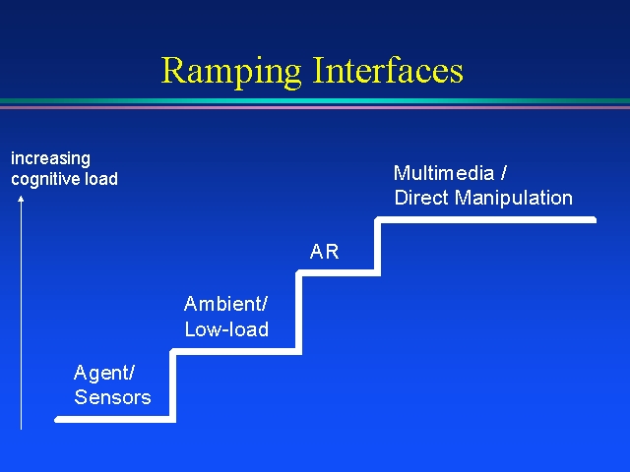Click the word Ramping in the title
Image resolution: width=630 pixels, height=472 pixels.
(x=231, y=72)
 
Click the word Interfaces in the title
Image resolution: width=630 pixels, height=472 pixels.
(x=388, y=70)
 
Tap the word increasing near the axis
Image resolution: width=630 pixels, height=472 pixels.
(x=50, y=159)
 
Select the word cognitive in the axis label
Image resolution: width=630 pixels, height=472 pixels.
(x=45, y=179)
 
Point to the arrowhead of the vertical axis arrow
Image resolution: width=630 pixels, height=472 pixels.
(x=21, y=199)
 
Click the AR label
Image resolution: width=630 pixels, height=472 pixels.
(x=324, y=252)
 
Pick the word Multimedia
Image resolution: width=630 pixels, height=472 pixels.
(x=444, y=173)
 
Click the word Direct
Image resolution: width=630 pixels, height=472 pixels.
(x=421, y=198)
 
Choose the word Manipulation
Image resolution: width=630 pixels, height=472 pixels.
(x=514, y=198)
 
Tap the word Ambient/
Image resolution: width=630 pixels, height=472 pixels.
(x=225, y=304)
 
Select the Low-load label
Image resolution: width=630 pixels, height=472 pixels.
(x=226, y=329)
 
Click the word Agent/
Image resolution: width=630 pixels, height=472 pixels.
(x=104, y=374)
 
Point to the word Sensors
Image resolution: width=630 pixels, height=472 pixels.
(x=112, y=397)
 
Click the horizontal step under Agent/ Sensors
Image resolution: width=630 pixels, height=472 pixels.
(x=115, y=420)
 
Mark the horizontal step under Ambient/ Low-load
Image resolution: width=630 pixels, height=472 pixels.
(x=236, y=352)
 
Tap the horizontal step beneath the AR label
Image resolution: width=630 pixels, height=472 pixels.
(x=339, y=273)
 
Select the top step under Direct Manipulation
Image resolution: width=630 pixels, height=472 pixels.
(x=485, y=220)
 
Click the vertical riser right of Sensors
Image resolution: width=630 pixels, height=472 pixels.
(x=173, y=385)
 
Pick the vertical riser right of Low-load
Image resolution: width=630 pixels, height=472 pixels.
(x=299, y=313)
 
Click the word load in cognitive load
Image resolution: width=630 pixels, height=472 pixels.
(x=101, y=179)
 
